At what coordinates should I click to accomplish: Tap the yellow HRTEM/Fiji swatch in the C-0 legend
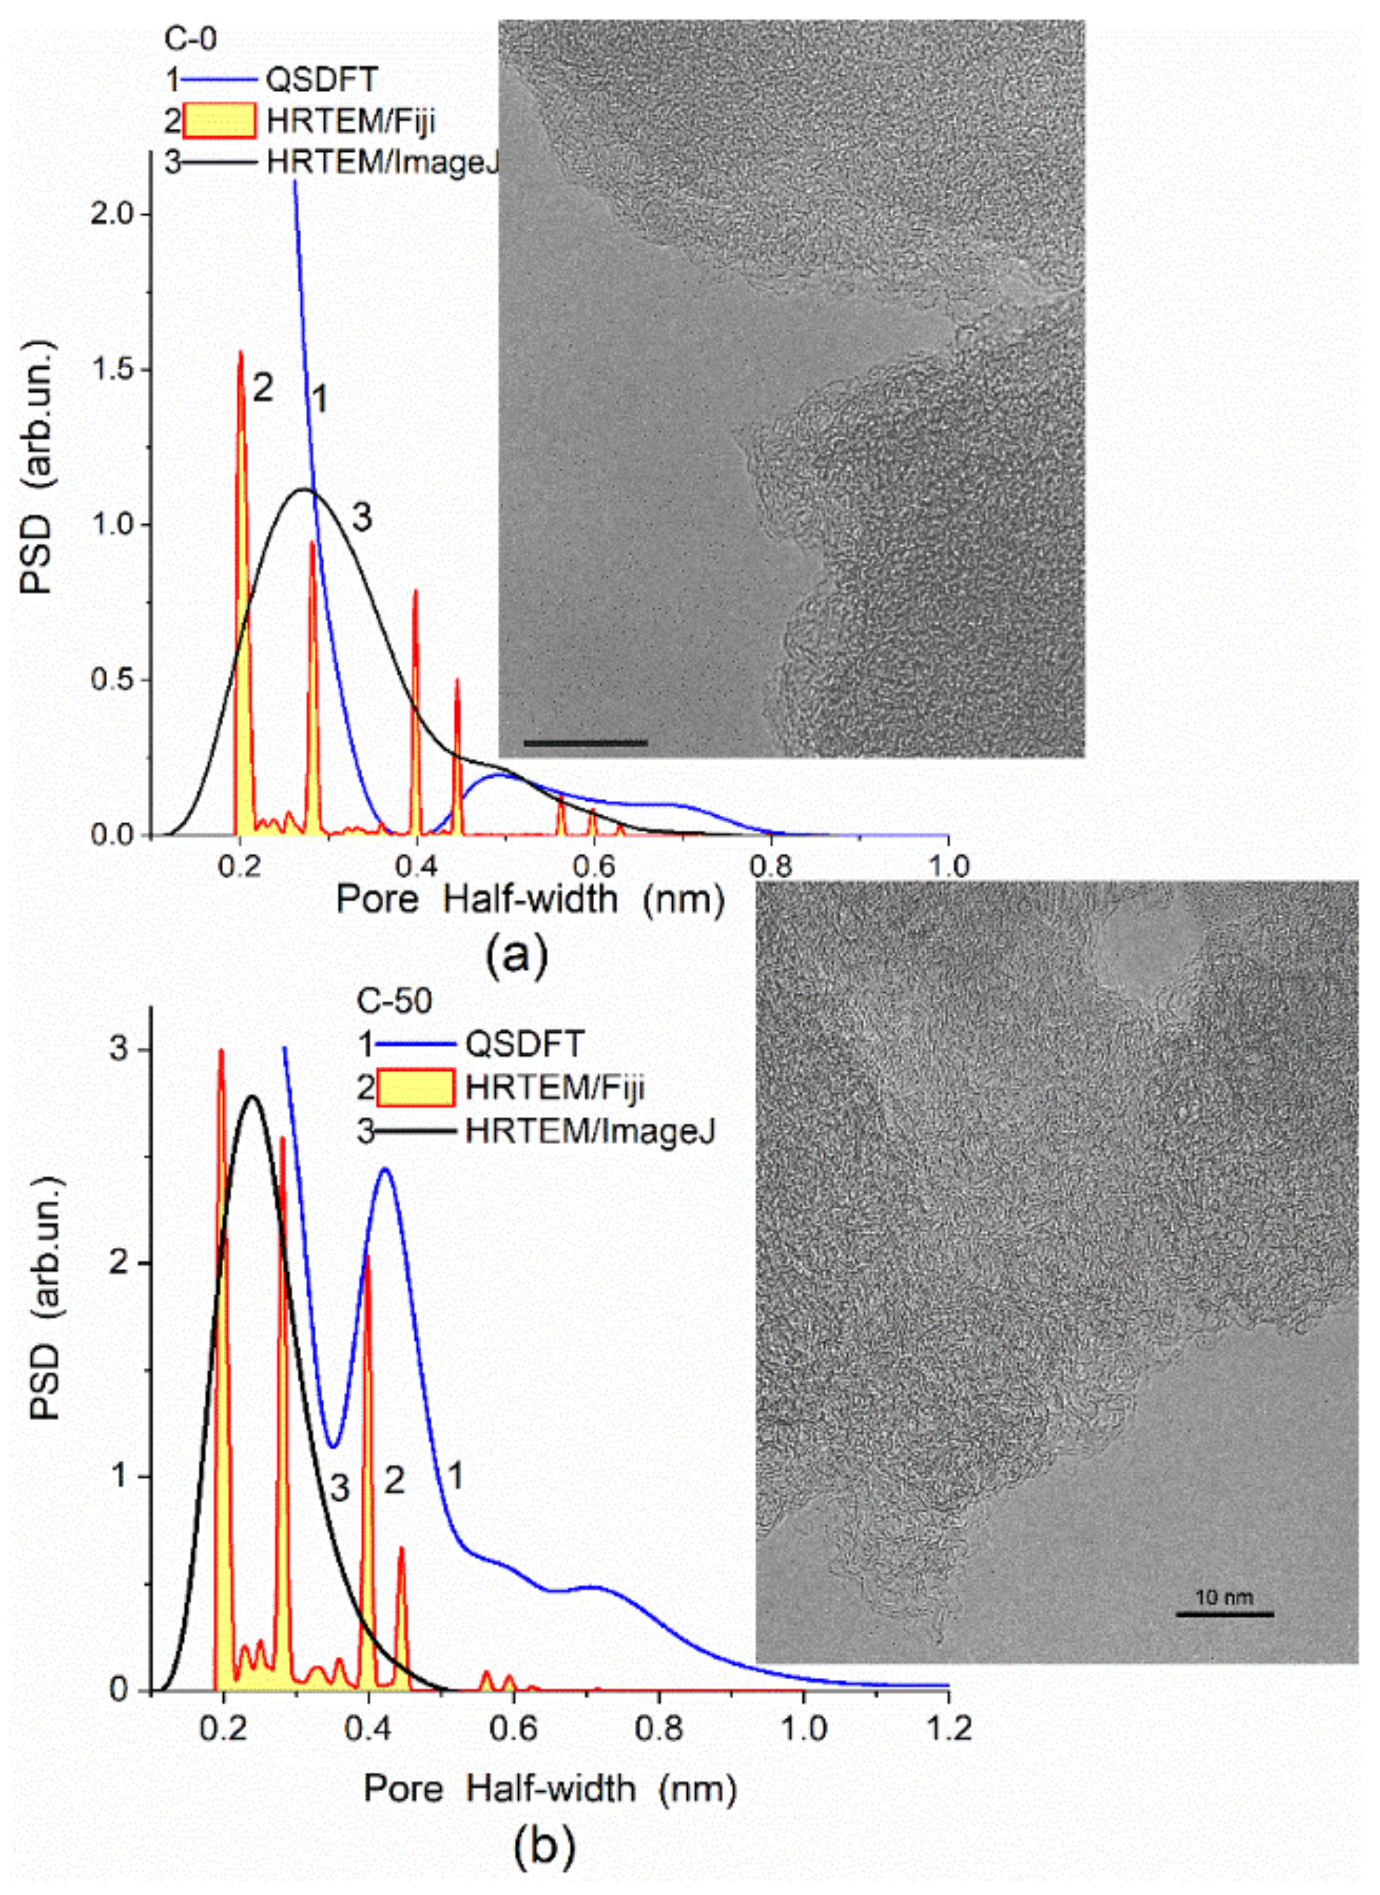click(219, 122)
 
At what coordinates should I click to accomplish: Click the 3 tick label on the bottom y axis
click(120, 1049)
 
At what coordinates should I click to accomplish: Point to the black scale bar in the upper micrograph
click(586, 742)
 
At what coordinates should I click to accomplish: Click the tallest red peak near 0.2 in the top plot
click(241, 354)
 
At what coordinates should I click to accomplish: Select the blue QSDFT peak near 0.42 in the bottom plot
click(385, 1170)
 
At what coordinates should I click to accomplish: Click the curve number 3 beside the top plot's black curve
click(361, 519)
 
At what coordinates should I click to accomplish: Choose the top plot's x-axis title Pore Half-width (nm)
click(529, 900)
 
